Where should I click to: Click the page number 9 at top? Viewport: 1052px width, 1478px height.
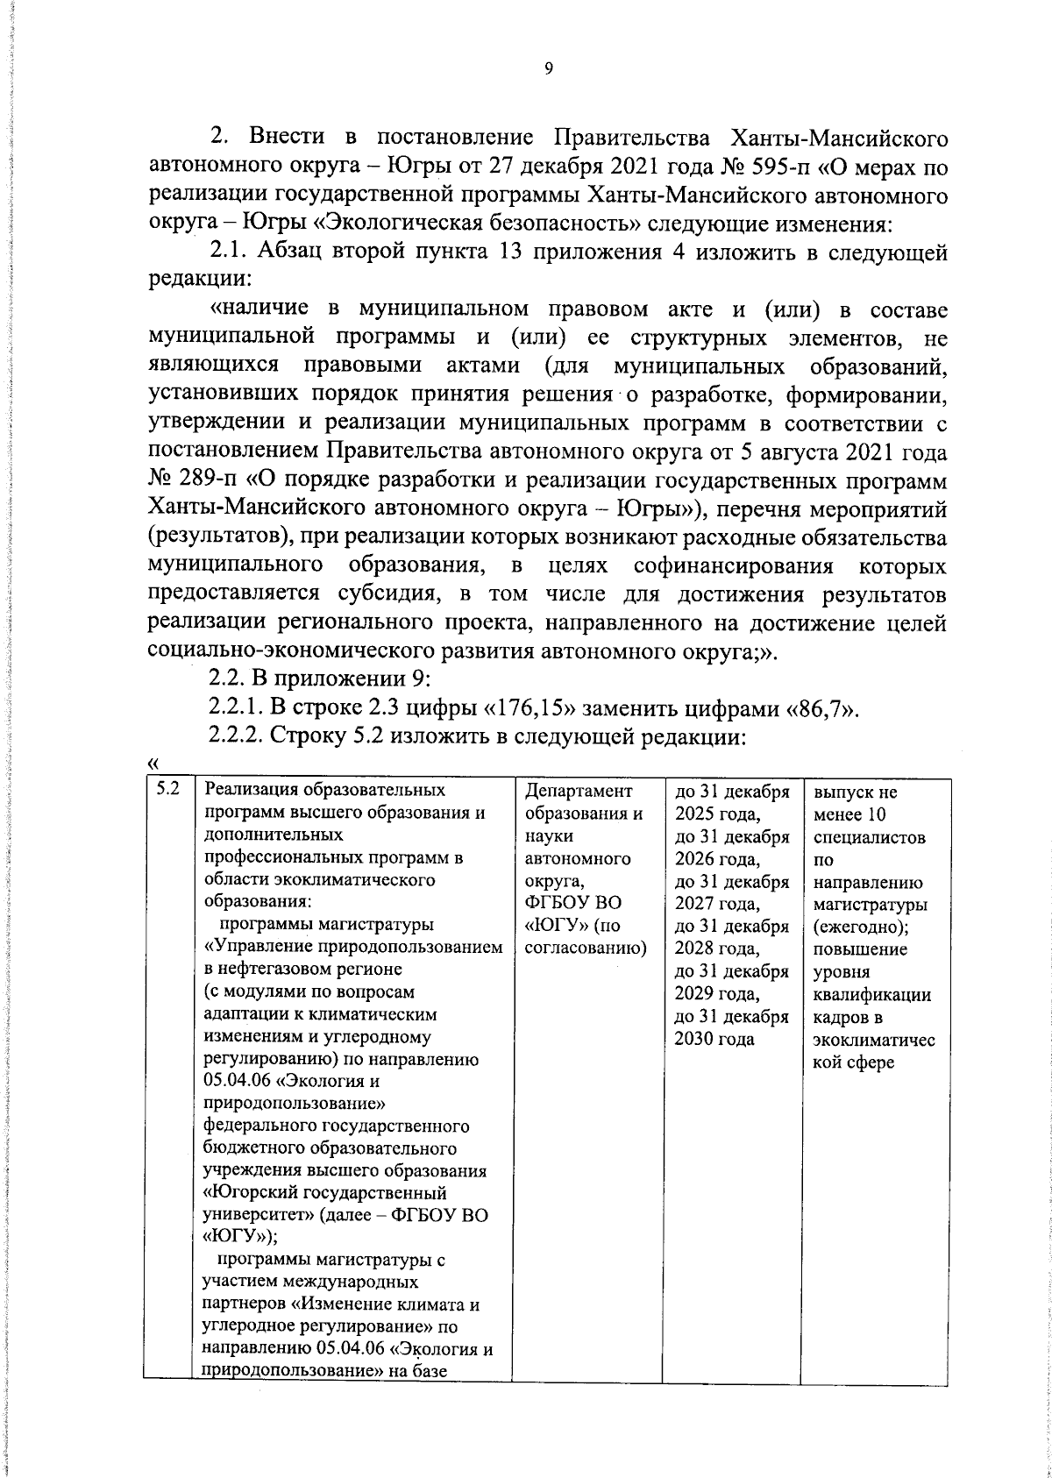coord(547,69)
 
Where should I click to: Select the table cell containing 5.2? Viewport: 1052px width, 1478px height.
coord(167,789)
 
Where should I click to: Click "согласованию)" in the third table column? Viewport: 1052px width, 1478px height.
coord(584,949)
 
